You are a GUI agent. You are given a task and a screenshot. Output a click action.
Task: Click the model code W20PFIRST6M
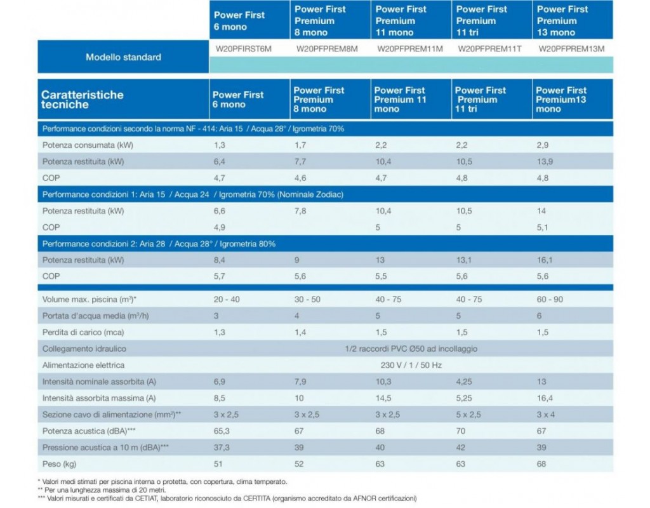coord(243,49)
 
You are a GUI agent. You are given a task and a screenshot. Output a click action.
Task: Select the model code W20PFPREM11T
coord(489,49)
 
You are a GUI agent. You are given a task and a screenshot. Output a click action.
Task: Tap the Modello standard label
coord(124,57)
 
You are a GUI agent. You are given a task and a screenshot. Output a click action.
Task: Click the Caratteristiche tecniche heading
coord(82,100)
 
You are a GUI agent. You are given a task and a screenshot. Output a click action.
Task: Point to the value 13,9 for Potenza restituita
coord(545,162)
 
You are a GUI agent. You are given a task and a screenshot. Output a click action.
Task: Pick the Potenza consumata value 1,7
coord(300,145)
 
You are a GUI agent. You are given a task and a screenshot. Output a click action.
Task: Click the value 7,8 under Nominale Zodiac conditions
coord(300,211)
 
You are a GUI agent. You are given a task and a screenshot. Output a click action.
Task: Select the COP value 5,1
coord(542,227)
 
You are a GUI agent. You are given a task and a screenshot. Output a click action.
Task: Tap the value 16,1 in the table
coord(545,260)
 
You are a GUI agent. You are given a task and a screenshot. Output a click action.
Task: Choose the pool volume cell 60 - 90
coord(550,300)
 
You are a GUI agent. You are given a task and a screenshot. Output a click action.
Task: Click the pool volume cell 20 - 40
coord(227,300)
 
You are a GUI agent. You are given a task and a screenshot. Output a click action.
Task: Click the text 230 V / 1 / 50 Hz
coord(411,365)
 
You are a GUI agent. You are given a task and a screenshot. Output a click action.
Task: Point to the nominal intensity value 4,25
coord(464,382)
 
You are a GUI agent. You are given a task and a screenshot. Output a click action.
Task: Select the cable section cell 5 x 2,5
coord(468,415)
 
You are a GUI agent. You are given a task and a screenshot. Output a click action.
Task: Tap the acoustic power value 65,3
coord(222,431)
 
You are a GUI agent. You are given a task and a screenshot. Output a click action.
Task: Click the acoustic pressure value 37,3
coord(222,448)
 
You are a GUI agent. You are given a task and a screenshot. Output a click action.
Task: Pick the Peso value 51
coord(218,464)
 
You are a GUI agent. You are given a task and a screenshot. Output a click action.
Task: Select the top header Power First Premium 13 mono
coord(562,21)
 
